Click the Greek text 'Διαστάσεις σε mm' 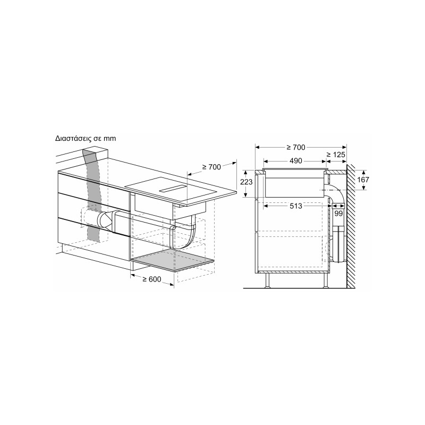(86, 139)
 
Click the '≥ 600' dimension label (152, 279)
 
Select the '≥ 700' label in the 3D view (211, 167)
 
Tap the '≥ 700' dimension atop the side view (296, 147)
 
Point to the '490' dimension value (295, 161)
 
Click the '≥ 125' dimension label (336, 155)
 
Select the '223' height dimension (246, 182)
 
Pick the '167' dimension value (363, 180)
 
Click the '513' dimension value (296, 206)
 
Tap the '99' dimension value (338, 214)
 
